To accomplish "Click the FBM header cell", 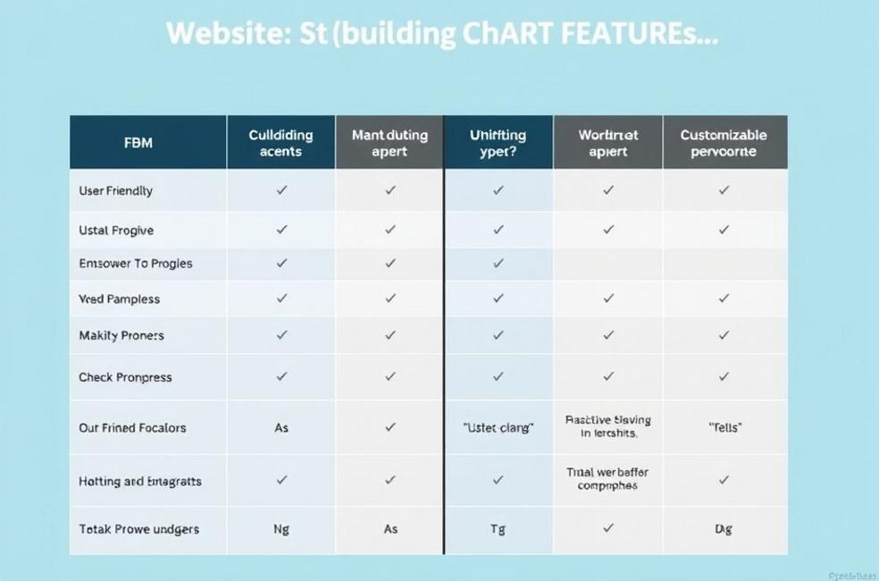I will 138,143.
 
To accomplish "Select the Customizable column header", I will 724,143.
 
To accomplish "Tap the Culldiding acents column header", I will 280,143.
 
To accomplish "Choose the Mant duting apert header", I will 389,143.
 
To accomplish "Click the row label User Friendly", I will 115,190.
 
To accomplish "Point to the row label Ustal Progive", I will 116,230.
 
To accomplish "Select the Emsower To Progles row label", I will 135,264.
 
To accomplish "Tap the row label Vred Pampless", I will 119,299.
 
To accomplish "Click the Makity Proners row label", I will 121,335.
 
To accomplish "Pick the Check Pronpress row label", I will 125,377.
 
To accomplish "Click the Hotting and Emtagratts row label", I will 140,481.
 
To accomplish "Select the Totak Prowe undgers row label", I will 138,529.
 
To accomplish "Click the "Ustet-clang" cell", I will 498,428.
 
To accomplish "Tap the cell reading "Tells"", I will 724,428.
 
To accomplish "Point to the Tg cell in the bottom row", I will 498,529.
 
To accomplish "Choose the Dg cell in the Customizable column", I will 724,529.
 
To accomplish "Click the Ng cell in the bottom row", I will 281,529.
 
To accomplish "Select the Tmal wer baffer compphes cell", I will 607,479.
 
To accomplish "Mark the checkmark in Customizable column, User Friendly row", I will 724,190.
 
